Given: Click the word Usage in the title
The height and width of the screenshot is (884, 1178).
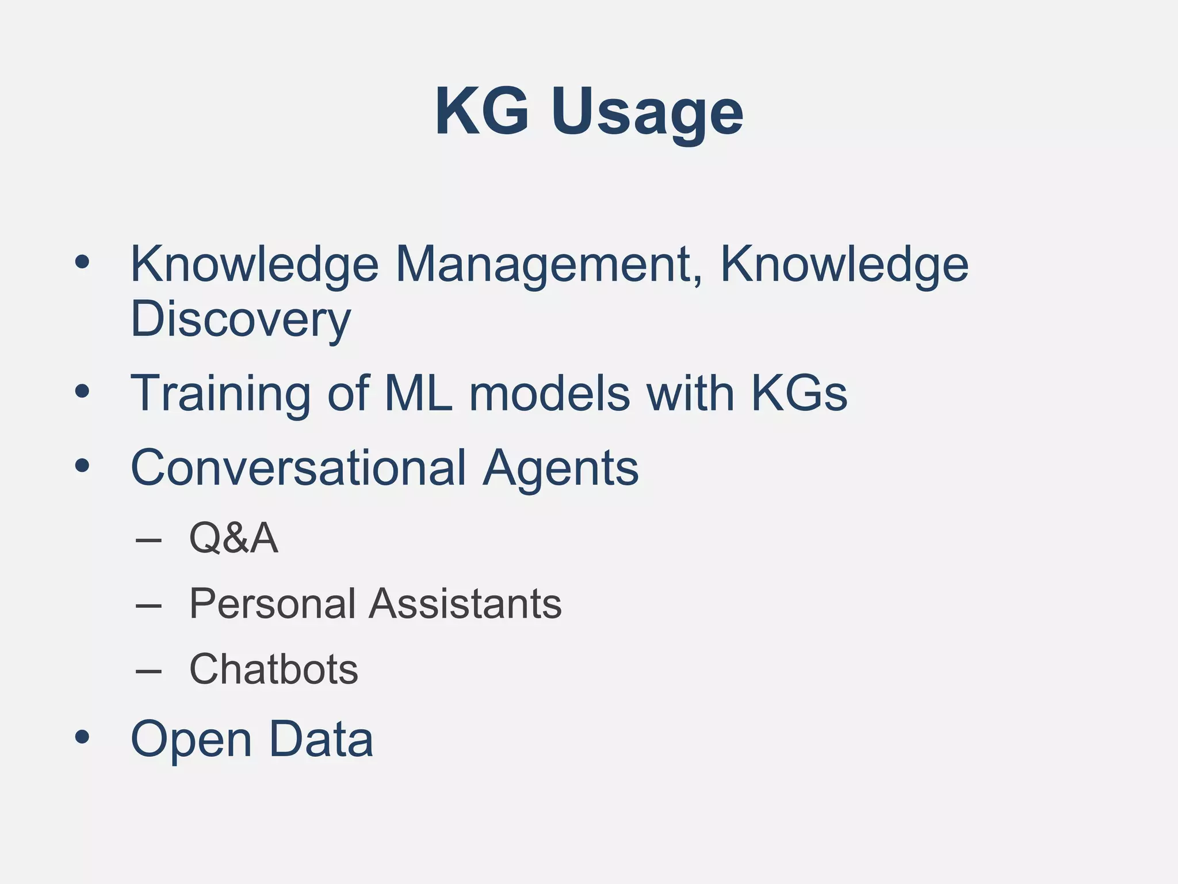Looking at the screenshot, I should click(647, 112).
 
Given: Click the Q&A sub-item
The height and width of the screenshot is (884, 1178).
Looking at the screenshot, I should click(234, 538).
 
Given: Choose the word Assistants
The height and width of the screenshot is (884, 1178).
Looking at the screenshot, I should click(465, 604).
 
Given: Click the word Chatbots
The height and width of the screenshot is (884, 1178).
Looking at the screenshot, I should click(274, 669).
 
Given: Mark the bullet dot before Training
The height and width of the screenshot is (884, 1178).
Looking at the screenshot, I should click(82, 392).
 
